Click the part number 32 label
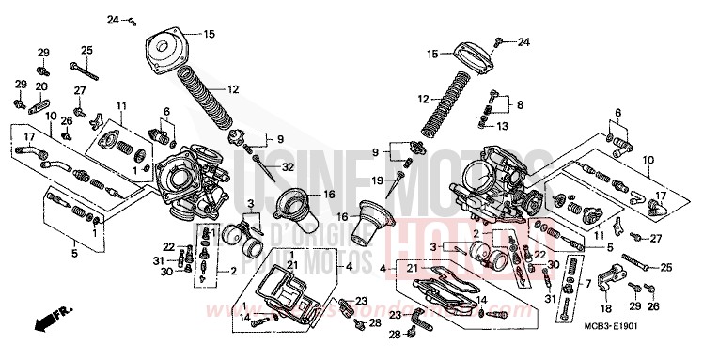point(288,166)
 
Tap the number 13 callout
point(503,125)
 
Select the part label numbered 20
point(41,86)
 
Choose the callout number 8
point(520,105)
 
